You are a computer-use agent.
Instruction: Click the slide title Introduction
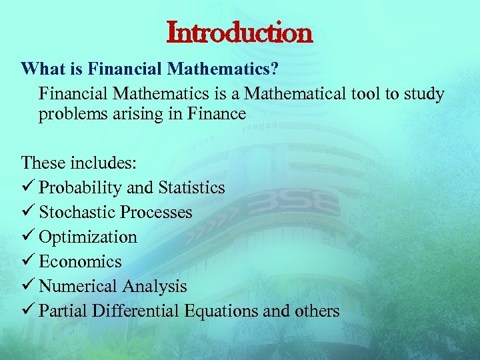tap(239, 31)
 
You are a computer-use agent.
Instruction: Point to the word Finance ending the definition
tap(218, 114)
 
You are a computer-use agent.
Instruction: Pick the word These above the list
tap(43, 163)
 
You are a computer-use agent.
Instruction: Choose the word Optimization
tap(88, 237)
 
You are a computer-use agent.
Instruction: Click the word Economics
tap(81, 262)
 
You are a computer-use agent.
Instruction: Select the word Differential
tap(139, 311)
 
